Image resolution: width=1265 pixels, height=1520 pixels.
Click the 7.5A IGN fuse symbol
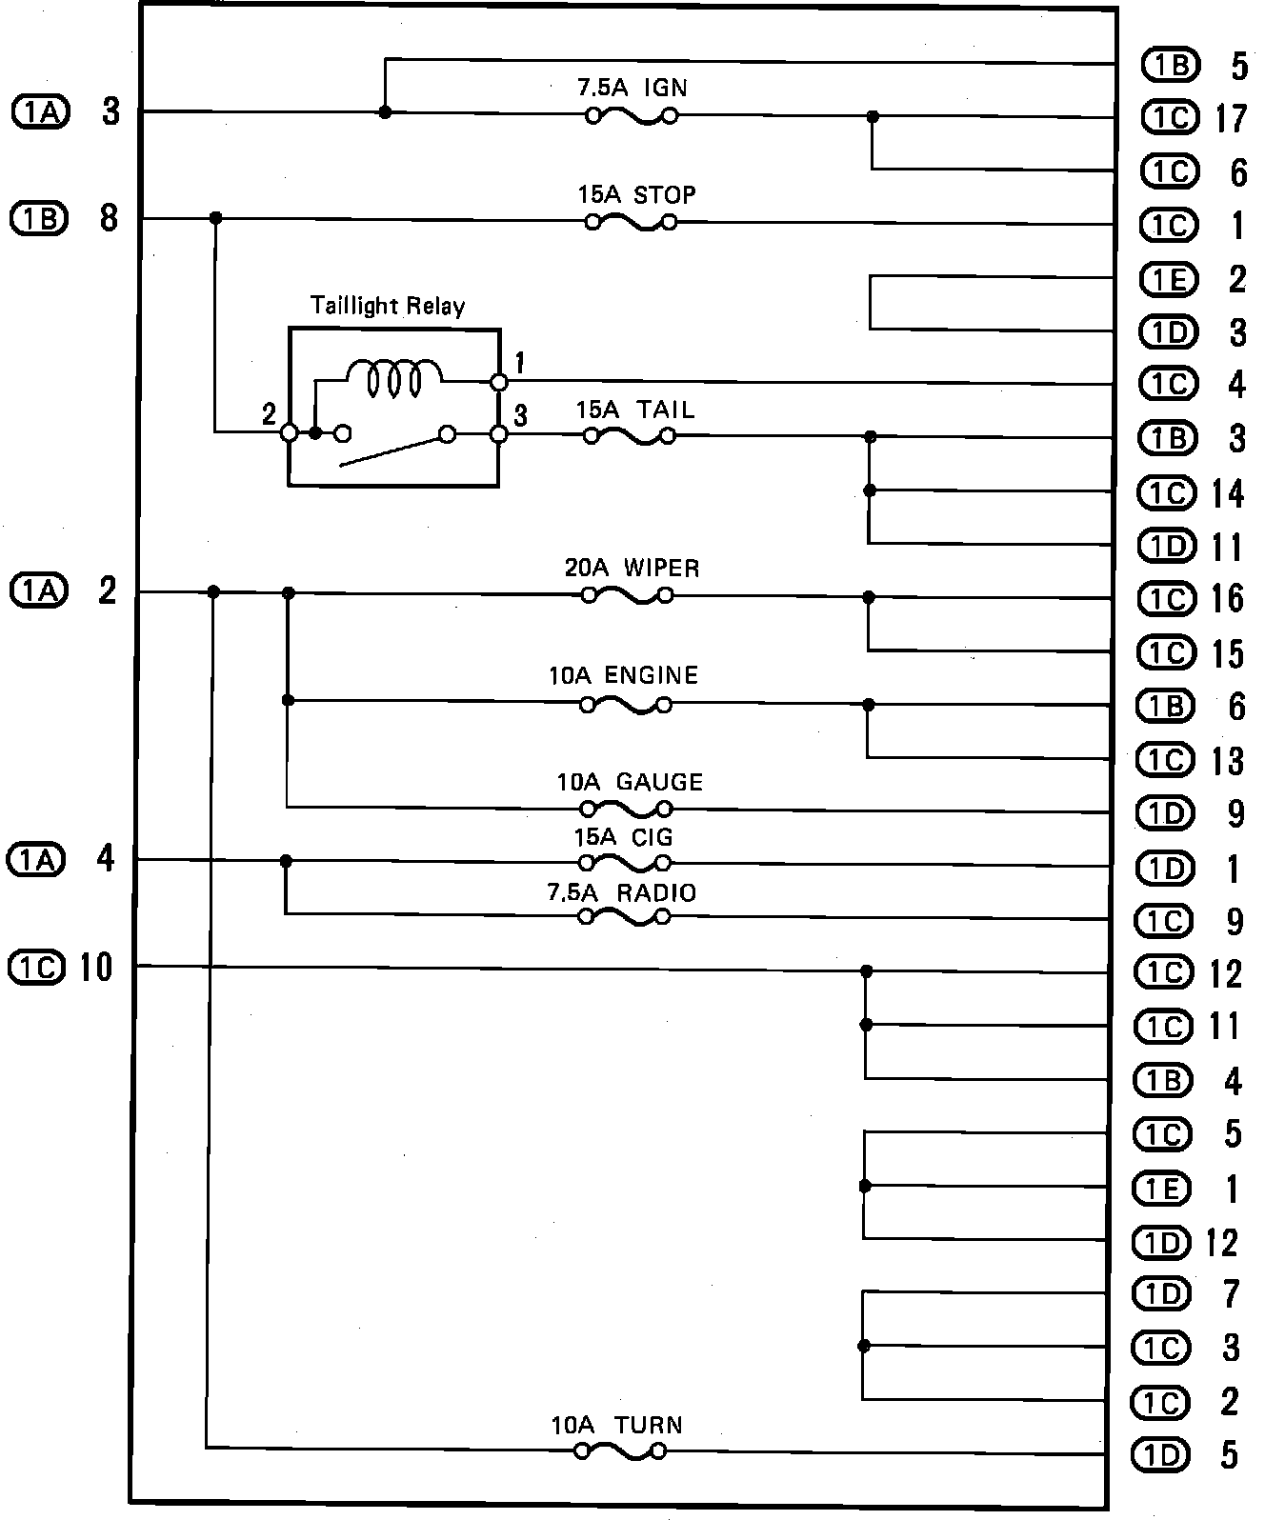[x=631, y=117]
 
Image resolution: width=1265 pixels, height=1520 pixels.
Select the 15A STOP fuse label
[x=636, y=195]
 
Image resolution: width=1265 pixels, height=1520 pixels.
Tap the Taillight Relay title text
[x=388, y=306]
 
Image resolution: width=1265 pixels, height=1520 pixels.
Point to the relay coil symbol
[x=394, y=377]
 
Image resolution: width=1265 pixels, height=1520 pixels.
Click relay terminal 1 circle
[x=498, y=382]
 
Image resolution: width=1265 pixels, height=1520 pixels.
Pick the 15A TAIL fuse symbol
[x=629, y=437]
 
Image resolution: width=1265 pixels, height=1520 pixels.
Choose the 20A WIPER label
[x=632, y=569]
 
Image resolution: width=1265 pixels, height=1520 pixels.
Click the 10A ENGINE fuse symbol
[x=626, y=706]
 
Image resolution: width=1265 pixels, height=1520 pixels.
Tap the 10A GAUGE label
[x=630, y=783]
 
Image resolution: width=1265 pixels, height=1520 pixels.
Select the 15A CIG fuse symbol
[x=626, y=864]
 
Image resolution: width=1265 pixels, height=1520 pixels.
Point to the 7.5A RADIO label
[x=621, y=893]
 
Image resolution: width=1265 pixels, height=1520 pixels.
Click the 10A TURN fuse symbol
[x=620, y=1452]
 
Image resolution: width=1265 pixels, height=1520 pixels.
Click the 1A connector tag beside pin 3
[x=41, y=112]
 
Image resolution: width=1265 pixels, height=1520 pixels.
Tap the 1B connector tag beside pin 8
[x=39, y=219]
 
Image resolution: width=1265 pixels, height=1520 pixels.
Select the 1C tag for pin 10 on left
[x=36, y=968]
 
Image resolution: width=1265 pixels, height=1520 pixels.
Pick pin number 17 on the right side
[x=1230, y=118]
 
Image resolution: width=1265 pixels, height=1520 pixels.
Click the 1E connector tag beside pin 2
[x=1168, y=279]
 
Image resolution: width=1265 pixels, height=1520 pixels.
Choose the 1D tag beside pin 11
[x=1166, y=546]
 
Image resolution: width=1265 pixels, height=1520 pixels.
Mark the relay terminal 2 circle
[x=289, y=433]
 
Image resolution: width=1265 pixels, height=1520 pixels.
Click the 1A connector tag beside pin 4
[x=35, y=860]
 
